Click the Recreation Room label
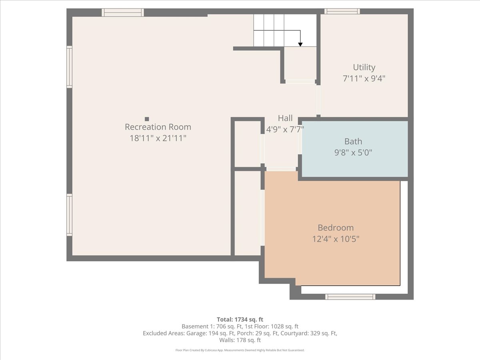[x=158, y=127]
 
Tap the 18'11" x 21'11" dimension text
[x=158, y=138]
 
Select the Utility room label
[x=364, y=67]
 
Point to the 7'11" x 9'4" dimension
[x=364, y=78]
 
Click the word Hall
[x=285, y=118]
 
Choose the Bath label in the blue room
[x=353, y=142]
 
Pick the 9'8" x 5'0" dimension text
[x=353, y=152]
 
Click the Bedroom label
[x=336, y=228]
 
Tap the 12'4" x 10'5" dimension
[x=336, y=239]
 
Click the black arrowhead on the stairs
[x=300, y=44]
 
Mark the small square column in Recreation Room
[x=147, y=119]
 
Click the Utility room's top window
[x=342, y=11]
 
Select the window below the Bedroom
[x=350, y=297]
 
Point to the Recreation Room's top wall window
[x=123, y=12]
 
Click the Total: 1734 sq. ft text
[x=240, y=320]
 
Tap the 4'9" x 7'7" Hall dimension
[x=285, y=130]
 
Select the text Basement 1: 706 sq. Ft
[x=212, y=326]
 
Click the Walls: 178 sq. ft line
[x=240, y=340]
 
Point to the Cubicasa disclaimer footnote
[x=240, y=350]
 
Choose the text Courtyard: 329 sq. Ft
[x=308, y=333]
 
